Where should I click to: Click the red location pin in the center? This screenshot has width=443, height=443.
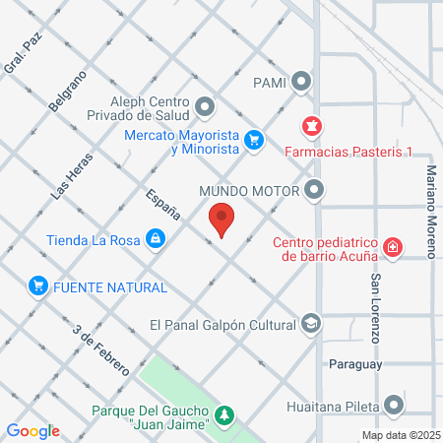pos(221,218)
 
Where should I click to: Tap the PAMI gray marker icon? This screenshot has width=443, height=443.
pos(301,82)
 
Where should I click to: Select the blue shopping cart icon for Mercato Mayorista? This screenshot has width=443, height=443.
pos(254,139)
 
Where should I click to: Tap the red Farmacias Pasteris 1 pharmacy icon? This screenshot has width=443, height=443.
pos(311,126)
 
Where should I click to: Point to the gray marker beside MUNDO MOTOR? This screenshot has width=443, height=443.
pos(314,189)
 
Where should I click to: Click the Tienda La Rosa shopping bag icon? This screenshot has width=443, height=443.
pos(156,238)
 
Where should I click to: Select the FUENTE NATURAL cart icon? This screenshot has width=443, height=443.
pos(38,286)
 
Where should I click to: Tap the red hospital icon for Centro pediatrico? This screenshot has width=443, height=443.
pos(393,246)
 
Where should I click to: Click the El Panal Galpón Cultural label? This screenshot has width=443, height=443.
pos(222,324)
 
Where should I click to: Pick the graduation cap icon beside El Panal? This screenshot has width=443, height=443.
pos(311,324)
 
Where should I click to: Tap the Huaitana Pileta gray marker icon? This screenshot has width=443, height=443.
pos(395,405)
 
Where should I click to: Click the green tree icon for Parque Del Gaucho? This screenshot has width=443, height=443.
pos(226,415)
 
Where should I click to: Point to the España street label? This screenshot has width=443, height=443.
pos(162,203)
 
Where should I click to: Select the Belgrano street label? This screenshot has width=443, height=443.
pos(68,90)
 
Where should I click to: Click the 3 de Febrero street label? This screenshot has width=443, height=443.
pos(102,349)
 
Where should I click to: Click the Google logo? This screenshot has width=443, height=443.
pos(33,430)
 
